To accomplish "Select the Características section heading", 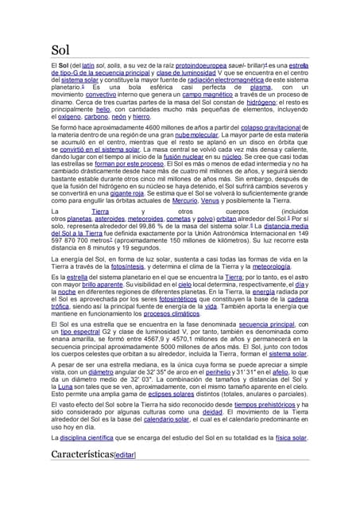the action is pos(81,454).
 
